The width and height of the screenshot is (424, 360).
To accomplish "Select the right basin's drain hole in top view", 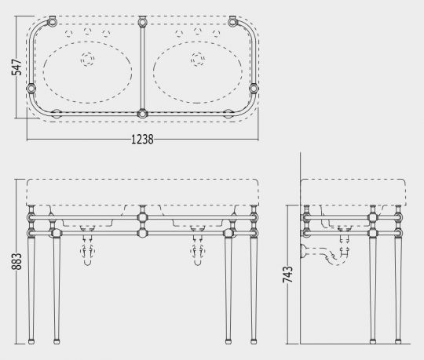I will click(196, 57).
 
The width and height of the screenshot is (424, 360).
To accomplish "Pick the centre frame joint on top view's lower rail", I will click(142, 114).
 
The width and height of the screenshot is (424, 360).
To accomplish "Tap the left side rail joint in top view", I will click(32, 88).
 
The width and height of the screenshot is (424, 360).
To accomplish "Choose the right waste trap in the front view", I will click(196, 252).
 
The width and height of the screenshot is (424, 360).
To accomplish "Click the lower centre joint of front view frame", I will click(142, 232).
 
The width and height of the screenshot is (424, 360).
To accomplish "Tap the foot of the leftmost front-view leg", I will click(31, 340).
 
